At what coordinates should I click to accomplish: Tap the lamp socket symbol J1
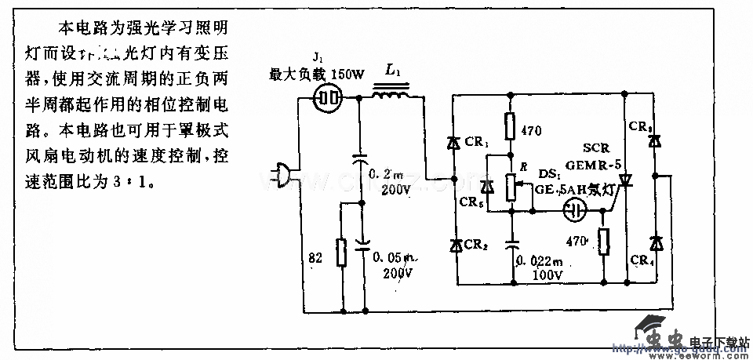point(329,98)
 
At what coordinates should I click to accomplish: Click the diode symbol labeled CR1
point(454,143)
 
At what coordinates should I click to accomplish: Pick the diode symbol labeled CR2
point(454,245)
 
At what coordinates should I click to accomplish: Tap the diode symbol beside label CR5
point(487,187)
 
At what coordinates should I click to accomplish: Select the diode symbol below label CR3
point(657,142)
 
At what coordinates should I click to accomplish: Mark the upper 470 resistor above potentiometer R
point(511,125)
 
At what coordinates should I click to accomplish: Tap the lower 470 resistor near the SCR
point(603,242)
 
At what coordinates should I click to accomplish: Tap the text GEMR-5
point(591,165)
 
